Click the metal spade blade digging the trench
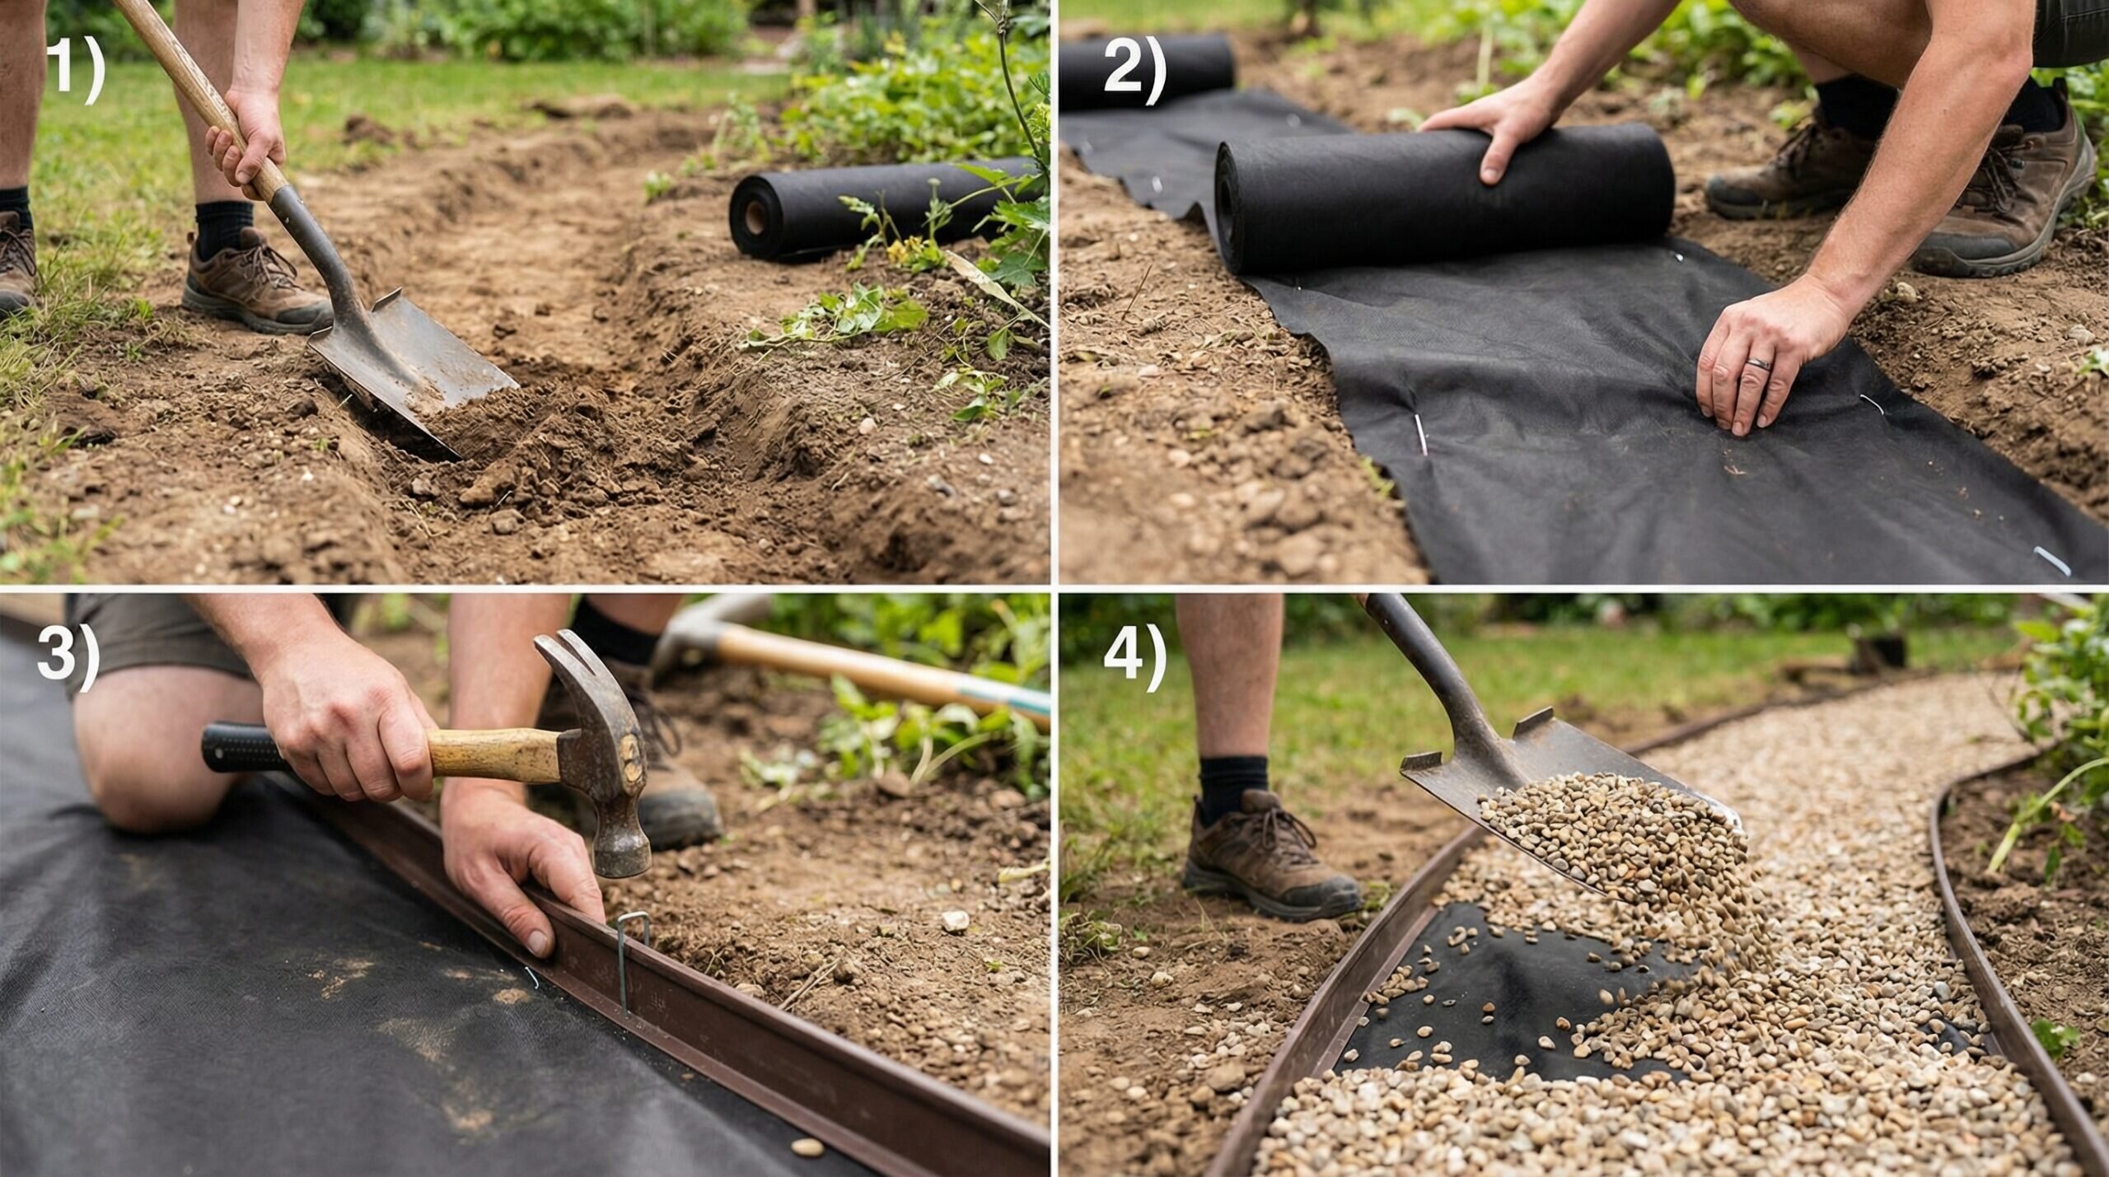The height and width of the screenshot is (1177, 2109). [412, 354]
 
